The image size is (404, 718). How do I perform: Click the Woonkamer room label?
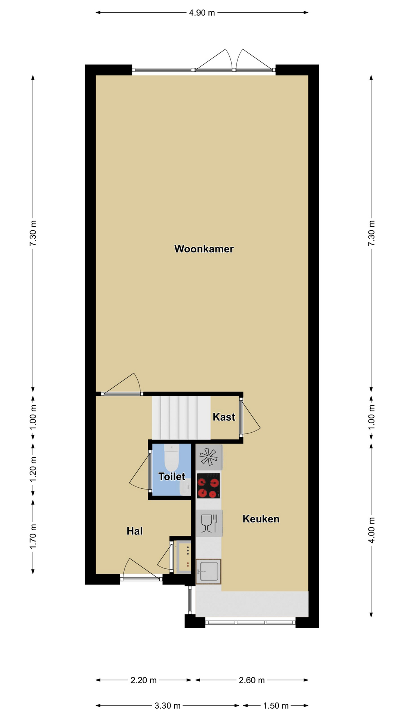204,249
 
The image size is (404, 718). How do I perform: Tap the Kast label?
224,417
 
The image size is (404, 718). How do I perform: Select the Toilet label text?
172,476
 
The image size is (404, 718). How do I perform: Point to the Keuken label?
261,519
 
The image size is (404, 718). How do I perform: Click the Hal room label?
135,531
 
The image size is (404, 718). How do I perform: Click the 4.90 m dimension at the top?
202,13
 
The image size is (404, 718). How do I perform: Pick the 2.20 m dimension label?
144,680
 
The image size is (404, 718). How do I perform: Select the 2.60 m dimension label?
252,680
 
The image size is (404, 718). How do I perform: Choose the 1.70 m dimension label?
33,537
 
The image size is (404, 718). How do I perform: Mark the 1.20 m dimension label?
33,469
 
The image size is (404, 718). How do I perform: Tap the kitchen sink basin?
208,571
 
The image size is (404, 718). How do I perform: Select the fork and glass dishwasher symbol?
209,523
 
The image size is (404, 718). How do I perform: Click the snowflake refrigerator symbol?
209,457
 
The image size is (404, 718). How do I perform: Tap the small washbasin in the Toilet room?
185,487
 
